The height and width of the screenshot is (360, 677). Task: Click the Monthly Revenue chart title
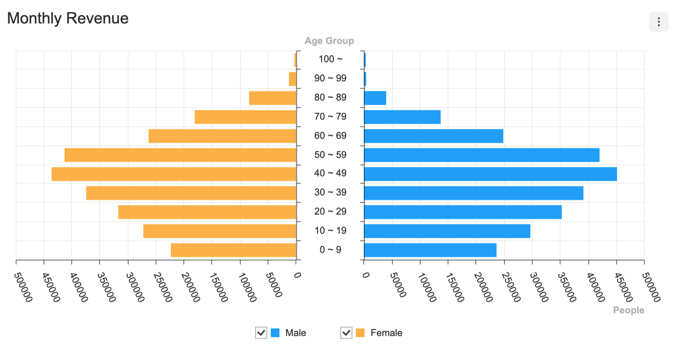(68, 18)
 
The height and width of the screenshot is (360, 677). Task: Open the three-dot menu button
(658, 22)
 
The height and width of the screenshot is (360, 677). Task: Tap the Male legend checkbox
(261, 333)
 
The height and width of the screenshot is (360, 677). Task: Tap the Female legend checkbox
(346, 333)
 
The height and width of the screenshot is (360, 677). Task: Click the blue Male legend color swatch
(275, 333)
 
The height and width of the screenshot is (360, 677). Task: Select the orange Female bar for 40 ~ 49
(174, 174)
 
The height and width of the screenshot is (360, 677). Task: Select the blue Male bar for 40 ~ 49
(490, 174)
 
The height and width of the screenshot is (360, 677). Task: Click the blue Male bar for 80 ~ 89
(375, 98)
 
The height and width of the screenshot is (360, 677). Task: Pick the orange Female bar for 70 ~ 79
(246, 117)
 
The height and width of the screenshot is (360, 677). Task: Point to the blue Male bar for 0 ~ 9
(430, 250)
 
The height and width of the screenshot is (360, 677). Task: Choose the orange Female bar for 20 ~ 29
(207, 212)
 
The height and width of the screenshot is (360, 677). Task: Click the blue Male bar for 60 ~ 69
(434, 136)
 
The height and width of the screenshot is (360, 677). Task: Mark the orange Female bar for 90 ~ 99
(292, 79)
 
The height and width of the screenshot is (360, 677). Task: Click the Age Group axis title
(329, 41)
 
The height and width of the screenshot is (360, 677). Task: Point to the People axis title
(628, 310)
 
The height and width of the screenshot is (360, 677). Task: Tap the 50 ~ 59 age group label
(330, 155)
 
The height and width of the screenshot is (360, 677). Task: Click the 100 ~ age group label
(330, 59)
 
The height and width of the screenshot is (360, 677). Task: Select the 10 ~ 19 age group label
(330, 231)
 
